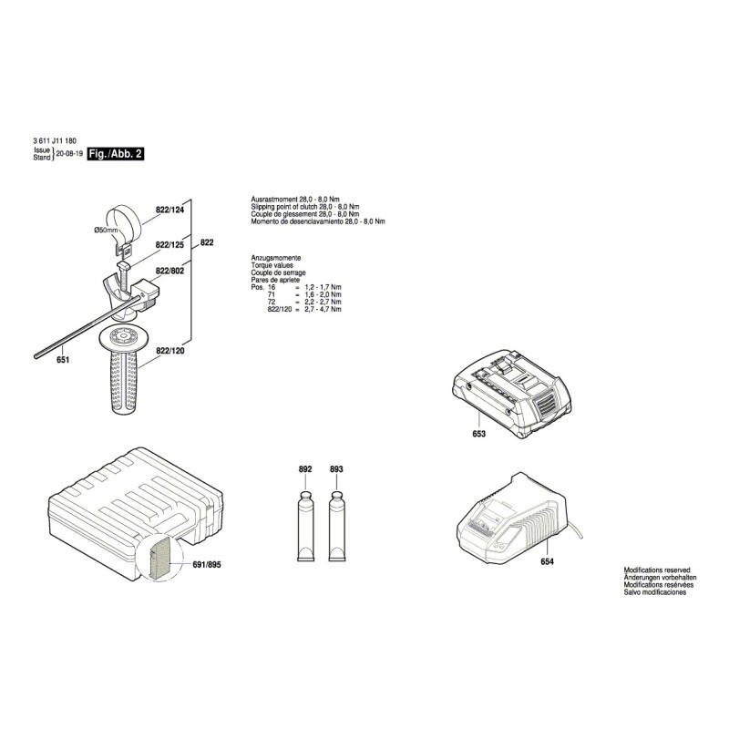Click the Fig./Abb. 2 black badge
(116, 154)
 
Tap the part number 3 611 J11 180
(55, 140)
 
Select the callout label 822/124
(169, 210)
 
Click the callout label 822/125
(169, 245)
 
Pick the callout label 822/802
(169, 271)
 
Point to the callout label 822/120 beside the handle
(170, 351)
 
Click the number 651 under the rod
(63, 360)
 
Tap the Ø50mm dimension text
(106, 231)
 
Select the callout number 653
(479, 434)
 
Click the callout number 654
(548, 561)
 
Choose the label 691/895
(207, 565)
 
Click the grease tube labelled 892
(305, 526)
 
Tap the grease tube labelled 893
(337, 526)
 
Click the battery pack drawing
(512, 394)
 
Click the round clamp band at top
(125, 223)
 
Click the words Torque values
(272, 265)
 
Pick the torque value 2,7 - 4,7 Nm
(323, 309)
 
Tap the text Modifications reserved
(657, 570)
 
